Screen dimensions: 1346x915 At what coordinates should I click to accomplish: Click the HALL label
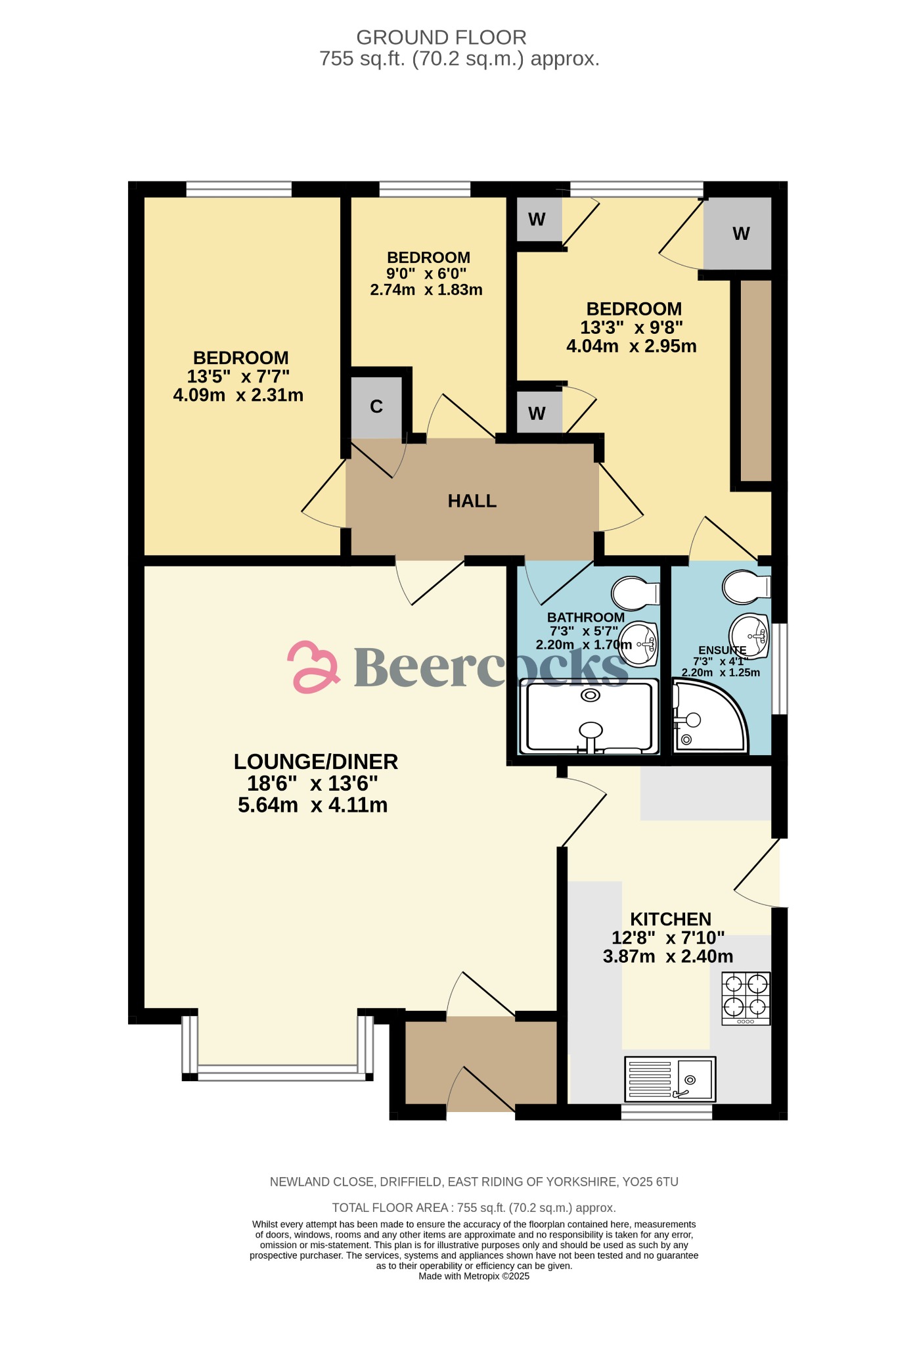click(x=472, y=501)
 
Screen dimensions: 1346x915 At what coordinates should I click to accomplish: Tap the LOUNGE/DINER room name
click(x=316, y=762)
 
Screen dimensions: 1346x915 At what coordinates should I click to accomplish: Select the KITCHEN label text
click(x=671, y=919)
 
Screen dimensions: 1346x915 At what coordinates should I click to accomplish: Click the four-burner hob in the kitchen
click(x=746, y=998)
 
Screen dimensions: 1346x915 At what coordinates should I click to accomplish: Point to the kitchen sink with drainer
click(x=669, y=1079)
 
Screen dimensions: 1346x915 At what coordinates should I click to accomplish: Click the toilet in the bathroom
click(x=635, y=593)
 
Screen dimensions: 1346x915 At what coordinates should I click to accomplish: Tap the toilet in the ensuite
click(x=745, y=586)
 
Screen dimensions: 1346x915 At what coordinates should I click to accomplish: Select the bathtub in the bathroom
click(x=589, y=717)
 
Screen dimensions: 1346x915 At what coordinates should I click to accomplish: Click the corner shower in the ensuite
click(x=707, y=719)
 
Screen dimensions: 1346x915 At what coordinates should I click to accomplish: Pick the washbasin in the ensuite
click(x=750, y=635)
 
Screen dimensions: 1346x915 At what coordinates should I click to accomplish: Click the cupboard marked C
click(x=376, y=407)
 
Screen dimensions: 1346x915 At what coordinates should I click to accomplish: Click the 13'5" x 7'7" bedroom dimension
click(x=238, y=377)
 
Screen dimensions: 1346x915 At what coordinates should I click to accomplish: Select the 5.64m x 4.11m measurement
click(x=313, y=805)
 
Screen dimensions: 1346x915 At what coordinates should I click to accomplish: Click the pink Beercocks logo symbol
click(x=313, y=667)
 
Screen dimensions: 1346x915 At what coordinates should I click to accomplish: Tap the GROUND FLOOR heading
click(x=441, y=37)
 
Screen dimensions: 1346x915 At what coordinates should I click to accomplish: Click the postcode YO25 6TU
click(x=650, y=1182)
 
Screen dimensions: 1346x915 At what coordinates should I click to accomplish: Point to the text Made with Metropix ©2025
click(x=474, y=1276)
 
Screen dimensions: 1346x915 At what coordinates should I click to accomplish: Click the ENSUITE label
click(x=722, y=650)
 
